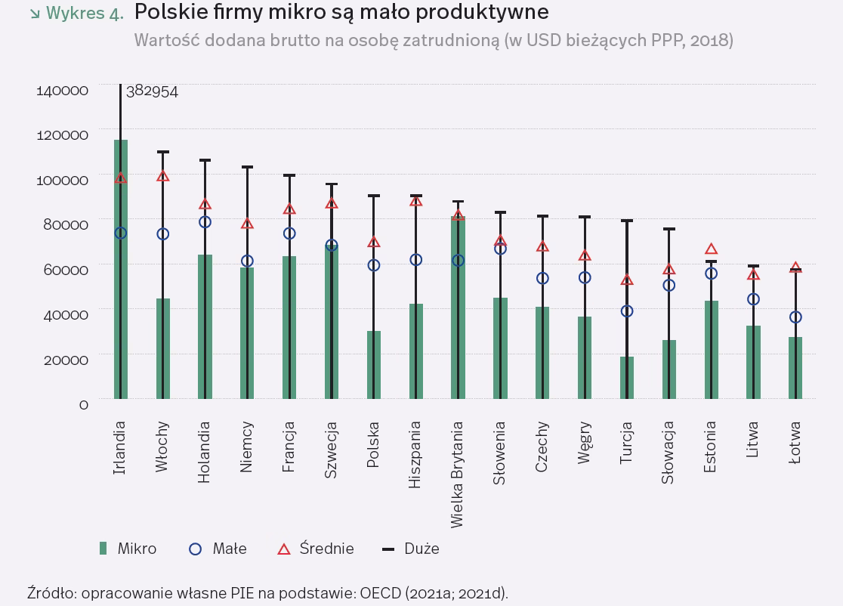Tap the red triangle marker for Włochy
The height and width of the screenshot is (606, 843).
[162, 176]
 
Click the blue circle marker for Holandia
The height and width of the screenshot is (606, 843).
[205, 222]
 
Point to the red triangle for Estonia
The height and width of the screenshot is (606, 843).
[711, 249]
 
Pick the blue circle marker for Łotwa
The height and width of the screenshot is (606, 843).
[795, 317]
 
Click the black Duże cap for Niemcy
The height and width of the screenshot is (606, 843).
[247, 167]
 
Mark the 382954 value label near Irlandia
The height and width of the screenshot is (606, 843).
[152, 91]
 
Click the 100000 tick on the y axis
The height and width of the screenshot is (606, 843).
[63, 180]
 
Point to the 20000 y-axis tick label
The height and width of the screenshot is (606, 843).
[63, 360]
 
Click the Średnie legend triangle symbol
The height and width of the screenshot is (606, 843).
[284, 549]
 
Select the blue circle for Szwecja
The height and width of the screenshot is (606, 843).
[331, 246]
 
